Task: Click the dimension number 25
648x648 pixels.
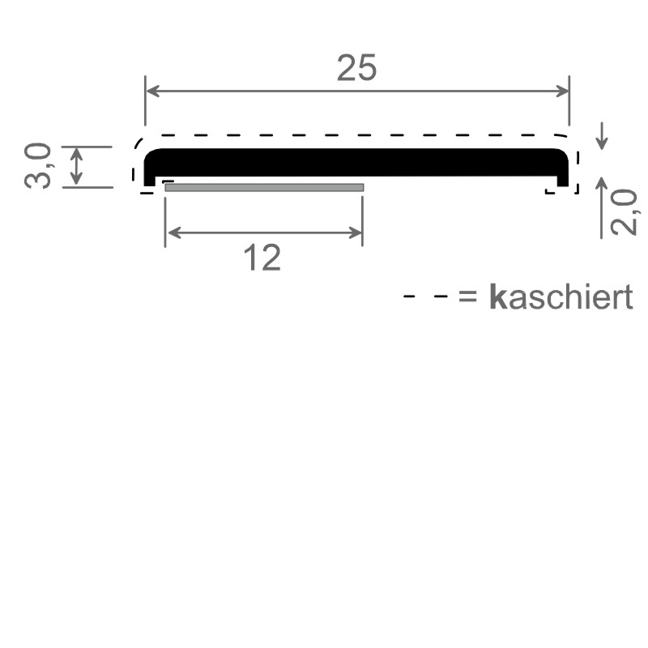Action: [356, 69]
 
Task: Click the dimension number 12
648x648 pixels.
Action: [262, 258]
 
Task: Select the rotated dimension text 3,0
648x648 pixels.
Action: [39, 166]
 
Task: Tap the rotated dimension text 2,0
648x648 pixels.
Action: [622, 212]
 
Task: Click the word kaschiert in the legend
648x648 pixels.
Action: [561, 298]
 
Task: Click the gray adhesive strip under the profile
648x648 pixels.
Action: [264, 188]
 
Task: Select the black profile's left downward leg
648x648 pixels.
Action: [150, 173]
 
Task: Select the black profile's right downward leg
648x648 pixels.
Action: [563, 173]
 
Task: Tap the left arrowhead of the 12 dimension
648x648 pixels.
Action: [171, 233]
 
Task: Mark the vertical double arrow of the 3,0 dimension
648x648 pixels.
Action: [76, 166]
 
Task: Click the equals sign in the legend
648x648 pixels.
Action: [468, 298]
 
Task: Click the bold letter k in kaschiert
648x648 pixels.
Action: [497, 298]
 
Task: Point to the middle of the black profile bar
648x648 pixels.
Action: [356, 163]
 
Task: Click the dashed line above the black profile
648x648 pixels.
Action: [356, 134]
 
